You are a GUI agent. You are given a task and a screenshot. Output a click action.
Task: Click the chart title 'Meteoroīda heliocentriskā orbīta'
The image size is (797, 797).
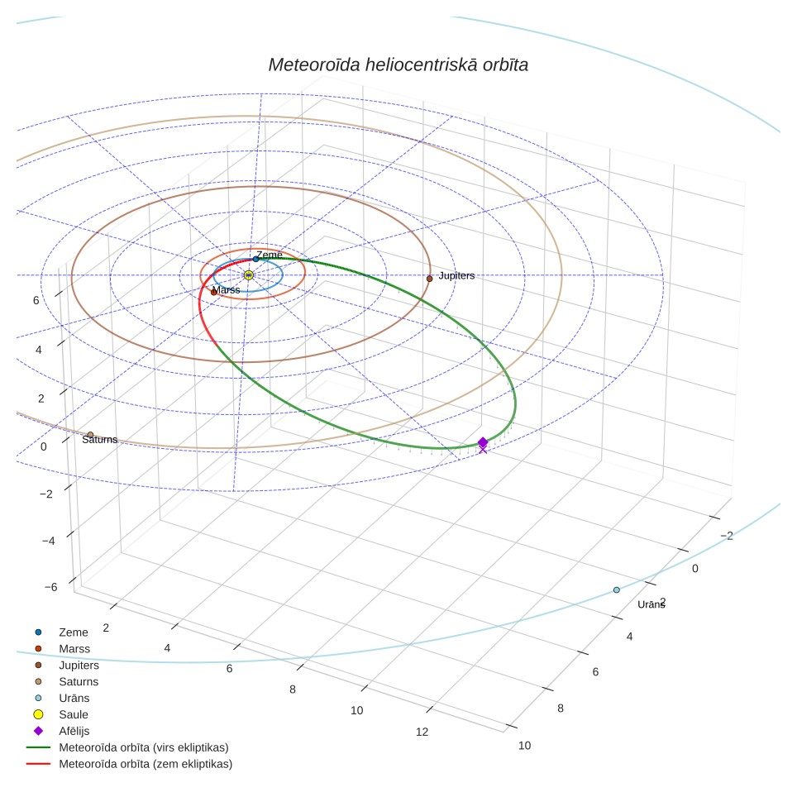[x=398, y=65]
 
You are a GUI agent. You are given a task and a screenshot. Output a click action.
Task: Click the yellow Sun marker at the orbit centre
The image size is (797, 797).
[x=249, y=275]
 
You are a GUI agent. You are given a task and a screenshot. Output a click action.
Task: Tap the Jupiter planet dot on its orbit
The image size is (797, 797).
[x=430, y=279]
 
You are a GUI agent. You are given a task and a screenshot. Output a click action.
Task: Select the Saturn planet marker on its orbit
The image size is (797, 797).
[x=90, y=435]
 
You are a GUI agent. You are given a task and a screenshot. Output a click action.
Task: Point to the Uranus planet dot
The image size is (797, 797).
[x=617, y=590]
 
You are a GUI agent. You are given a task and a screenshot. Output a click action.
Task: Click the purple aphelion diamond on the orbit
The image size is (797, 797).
[x=483, y=442]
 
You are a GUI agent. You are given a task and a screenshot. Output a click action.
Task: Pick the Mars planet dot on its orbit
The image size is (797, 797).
[x=214, y=293]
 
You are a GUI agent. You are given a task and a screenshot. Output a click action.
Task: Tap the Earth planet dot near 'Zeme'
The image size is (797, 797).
[x=255, y=260]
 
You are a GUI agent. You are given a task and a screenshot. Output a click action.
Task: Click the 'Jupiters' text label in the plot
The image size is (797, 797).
[x=456, y=275]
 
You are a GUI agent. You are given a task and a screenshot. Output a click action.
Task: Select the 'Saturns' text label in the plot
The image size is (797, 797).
[x=99, y=440]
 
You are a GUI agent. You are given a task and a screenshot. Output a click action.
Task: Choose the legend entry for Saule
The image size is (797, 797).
[x=60, y=714]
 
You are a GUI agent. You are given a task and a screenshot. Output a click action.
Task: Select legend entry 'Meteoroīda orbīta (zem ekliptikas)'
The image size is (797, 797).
[x=130, y=764]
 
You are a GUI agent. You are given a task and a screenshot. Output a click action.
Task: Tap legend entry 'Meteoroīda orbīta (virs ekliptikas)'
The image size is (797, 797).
[x=127, y=747]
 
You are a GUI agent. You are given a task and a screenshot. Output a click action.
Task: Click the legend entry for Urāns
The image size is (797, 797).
[x=61, y=698]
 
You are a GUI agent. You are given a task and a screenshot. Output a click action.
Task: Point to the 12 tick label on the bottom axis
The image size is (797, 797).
[x=422, y=732]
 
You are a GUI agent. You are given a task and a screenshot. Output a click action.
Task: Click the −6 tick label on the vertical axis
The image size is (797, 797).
[x=50, y=587]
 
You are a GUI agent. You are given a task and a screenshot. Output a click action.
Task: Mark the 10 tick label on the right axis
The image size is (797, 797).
[x=524, y=746]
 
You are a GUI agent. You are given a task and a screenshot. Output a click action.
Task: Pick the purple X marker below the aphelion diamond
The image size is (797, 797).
[x=483, y=450]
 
